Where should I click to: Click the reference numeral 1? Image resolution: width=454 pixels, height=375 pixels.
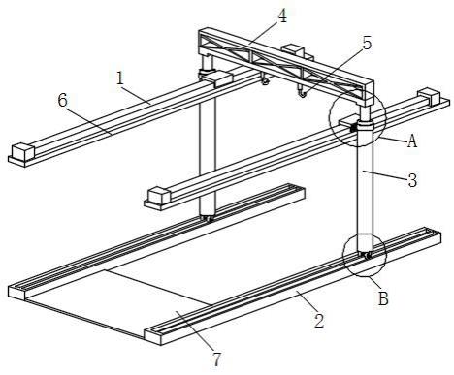click(120, 78)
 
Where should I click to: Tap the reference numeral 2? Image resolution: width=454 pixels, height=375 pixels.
click(319, 321)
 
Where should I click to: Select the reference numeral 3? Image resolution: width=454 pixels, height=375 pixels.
click(412, 180)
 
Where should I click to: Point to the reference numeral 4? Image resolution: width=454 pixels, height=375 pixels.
click(282, 16)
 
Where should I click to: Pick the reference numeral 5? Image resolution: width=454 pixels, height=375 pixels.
click(367, 43)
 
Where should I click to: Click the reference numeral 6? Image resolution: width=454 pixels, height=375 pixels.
click(63, 101)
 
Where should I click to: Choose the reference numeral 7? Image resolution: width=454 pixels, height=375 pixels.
click(217, 359)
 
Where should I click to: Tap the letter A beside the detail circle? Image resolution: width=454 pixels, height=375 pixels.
click(412, 141)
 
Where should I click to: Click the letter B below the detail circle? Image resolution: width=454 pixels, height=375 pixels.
click(383, 298)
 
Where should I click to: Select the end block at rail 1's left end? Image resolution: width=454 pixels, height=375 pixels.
click(23, 152)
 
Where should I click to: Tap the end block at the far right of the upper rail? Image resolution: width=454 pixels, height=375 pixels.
click(429, 96)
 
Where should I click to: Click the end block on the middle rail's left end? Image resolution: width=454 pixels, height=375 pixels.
click(159, 197)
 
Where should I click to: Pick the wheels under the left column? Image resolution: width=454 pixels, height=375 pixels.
click(207, 218)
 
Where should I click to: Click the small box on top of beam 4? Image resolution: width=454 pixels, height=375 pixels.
click(292, 51)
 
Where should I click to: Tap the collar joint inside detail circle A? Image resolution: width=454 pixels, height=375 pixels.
click(365, 125)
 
